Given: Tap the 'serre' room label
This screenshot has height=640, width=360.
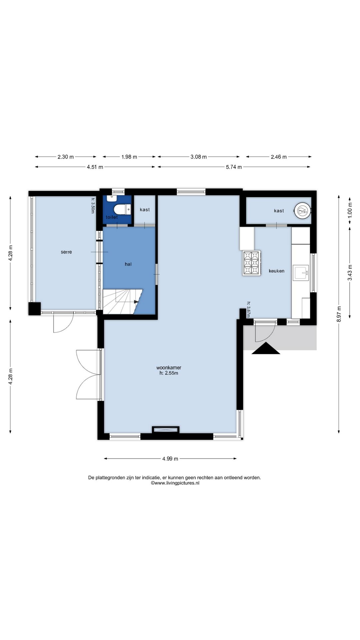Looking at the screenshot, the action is pyautogui.click(x=66, y=252).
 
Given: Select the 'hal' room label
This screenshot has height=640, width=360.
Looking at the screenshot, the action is pyautogui.click(x=128, y=264).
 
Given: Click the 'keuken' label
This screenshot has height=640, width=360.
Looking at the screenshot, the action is pyautogui.click(x=277, y=271).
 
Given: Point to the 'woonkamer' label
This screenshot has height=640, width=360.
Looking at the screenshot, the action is pyautogui.click(x=169, y=368).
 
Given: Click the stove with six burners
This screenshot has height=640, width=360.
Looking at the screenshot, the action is pyautogui.click(x=252, y=263).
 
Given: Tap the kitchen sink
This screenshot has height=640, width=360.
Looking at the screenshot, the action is pyautogui.click(x=301, y=272).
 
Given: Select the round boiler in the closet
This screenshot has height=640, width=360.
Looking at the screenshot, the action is pyautogui.click(x=302, y=211).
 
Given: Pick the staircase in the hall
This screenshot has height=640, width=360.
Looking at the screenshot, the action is pyautogui.click(x=122, y=301).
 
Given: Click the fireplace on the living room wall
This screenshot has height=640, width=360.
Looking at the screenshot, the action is pyautogui.click(x=166, y=430).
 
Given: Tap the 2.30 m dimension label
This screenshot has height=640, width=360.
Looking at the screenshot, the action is pyautogui.click(x=66, y=157).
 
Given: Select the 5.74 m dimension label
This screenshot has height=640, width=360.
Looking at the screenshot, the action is pyautogui.click(x=234, y=167).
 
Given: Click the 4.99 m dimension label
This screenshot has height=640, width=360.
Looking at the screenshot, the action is pyautogui.click(x=170, y=459).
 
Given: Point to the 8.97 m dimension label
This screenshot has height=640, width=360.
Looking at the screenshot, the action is pyautogui.click(x=339, y=314).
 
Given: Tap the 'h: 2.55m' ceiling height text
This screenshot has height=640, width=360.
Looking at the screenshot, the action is pyautogui.click(x=169, y=373).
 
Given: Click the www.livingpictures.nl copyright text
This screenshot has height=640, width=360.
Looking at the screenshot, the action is pyautogui.click(x=175, y=483).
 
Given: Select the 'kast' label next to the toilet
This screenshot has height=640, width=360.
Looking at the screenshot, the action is pyautogui.click(x=145, y=210).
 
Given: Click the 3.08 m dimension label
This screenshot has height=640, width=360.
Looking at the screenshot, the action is pyautogui.click(x=199, y=157).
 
